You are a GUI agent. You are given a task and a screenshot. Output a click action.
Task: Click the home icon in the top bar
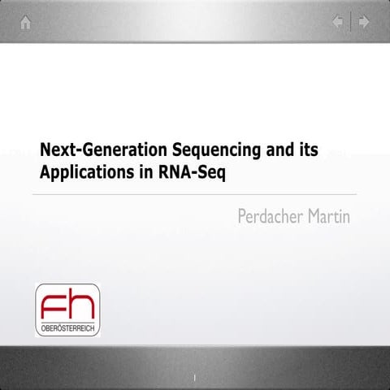pyautogui.click(x=26, y=23)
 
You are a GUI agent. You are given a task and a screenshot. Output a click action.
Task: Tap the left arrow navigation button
pyautogui.click(x=338, y=23)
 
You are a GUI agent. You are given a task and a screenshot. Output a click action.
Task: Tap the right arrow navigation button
pyautogui.click(x=364, y=23)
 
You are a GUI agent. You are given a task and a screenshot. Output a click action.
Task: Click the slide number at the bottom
pyautogui.click(x=195, y=377)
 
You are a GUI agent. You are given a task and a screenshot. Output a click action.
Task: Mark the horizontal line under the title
pyautogui.click(x=195, y=195)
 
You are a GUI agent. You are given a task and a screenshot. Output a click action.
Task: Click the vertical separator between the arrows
pyautogui.click(x=351, y=23)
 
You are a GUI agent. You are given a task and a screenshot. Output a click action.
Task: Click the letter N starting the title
pyautogui.click(x=45, y=150)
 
